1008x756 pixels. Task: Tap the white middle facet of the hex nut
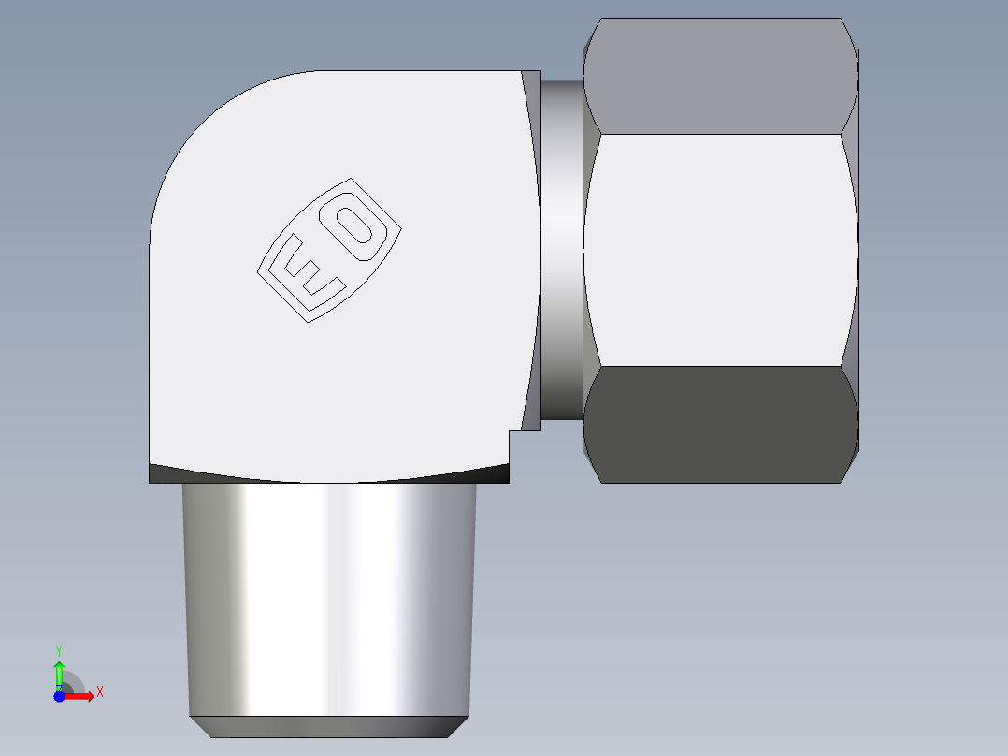(x=720, y=249)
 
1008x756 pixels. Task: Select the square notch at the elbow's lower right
(x=517, y=443)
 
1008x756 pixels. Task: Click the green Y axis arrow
(x=59, y=673)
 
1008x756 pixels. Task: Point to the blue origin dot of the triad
(x=58, y=696)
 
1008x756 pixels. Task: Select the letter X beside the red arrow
(x=99, y=692)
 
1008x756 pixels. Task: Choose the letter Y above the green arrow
(x=59, y=649)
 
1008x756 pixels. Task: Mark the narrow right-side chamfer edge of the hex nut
(x=852, y=249)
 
